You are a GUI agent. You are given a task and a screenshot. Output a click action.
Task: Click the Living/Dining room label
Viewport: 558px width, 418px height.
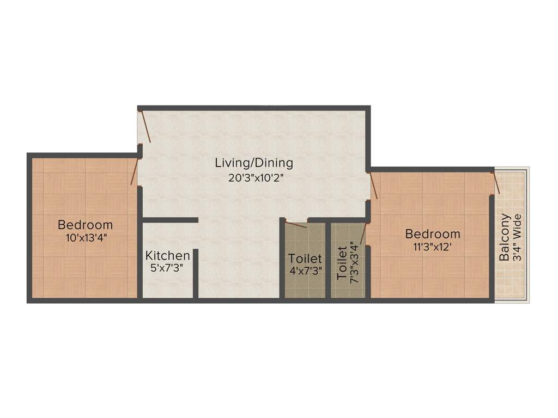pyautogui.click(x=254, y=162)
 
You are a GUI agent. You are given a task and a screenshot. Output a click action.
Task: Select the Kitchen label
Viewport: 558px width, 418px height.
pyautogui.click(x=168, y=255)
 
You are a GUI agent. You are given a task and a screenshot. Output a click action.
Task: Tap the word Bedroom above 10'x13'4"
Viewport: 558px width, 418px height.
pyautogui.click(x=86, y=224)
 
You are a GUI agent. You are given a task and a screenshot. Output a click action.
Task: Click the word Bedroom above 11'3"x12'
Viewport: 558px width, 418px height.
pyautogui.click(x=433, y=234)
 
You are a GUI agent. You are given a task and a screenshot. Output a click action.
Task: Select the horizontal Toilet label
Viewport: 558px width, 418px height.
pyautogui.click(x=305, y=259)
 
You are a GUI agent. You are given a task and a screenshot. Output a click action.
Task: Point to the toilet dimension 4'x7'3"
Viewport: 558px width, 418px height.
pyautogui.click(x=305, y=271)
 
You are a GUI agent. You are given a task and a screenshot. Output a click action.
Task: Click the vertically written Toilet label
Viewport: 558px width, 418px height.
pyautogui.click(x=342, y=263)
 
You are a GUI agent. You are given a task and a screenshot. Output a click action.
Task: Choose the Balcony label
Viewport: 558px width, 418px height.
pyautogui.click(x=505, y=237)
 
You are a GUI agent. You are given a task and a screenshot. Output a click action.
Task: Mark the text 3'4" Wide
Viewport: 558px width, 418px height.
pyautogui.click(x=518, y=238)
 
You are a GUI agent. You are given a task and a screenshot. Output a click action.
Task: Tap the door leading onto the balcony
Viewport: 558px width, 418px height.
pyautogui.click(x=495, y=182)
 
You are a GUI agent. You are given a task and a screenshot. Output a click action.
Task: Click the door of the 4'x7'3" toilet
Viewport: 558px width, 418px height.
pyautogui.click(x=296, y=224)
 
